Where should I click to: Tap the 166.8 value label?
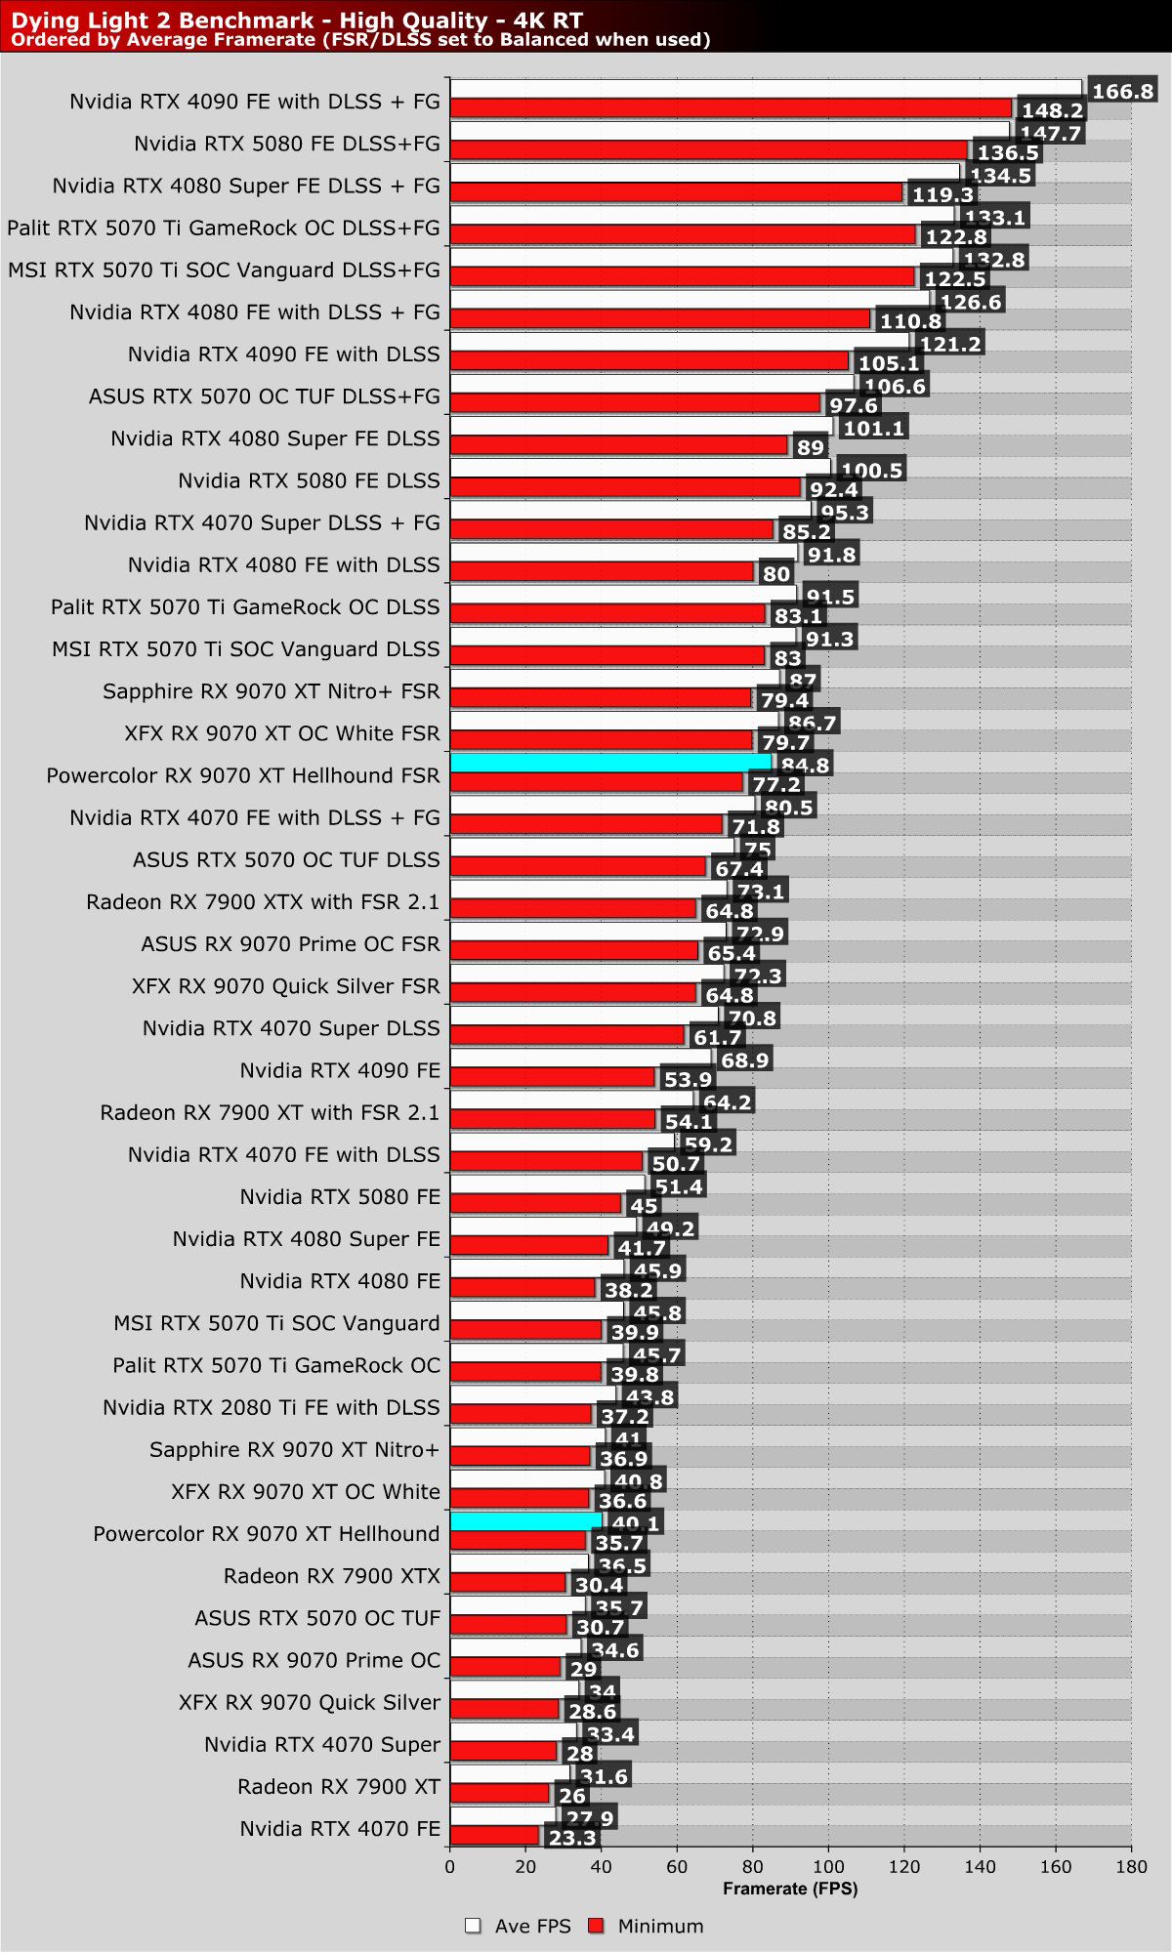[1122, 92]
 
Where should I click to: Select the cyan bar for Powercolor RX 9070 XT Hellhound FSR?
[610, 763]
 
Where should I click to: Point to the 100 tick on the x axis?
[828, 1867]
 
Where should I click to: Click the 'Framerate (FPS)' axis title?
[790, 1889]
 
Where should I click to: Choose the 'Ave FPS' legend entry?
[517, 1927]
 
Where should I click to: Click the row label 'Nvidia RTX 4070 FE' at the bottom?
[340, 1829]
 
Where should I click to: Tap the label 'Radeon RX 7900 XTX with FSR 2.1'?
[263, 901]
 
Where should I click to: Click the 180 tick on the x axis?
[1131, 1867]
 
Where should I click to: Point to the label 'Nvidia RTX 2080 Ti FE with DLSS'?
[272, 1407]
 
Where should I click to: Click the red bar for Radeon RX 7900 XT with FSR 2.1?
[553, 1118]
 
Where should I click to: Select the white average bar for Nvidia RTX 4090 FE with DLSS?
[679, 341]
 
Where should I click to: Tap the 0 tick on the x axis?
[450, 1867]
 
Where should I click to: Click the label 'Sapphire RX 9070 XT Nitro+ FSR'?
[272, 691]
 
